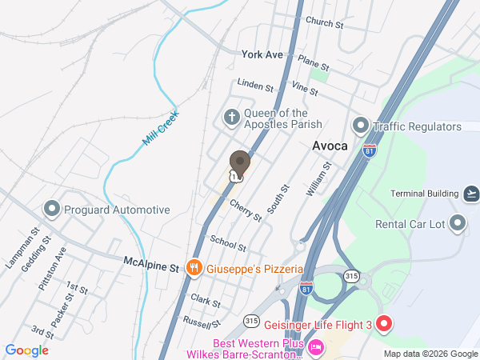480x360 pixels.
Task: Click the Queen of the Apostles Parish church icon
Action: (232, 118)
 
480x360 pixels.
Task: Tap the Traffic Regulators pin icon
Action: (360, 126)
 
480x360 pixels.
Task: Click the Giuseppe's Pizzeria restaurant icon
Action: (193, 268)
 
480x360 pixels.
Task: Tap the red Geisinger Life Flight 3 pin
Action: (383, 325)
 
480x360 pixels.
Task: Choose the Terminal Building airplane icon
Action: (472, 194)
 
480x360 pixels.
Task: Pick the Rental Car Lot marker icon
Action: (458, 224)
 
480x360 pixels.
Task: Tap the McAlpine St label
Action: (150, 262)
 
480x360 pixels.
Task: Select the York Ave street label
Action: (262, 54)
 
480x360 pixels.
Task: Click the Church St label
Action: (324, 24)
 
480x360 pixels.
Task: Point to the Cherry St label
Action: (245, 211)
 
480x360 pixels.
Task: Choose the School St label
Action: (228, 243)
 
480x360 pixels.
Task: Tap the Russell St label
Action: (202, 323)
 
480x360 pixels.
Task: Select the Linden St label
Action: (255, 86)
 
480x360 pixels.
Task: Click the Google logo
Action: (27, 350)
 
